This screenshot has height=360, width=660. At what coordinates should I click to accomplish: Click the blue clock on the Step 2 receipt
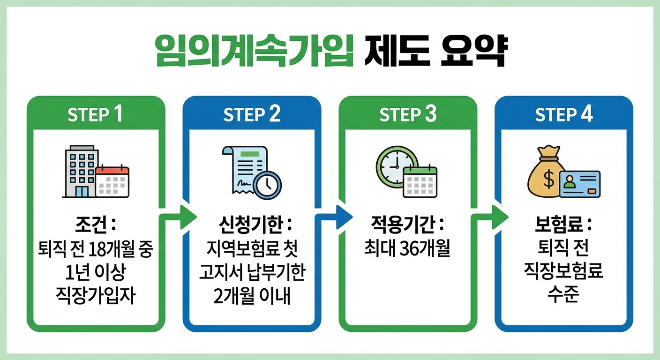coord(267,185)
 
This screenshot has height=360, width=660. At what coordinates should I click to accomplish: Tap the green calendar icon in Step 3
coord(420,181)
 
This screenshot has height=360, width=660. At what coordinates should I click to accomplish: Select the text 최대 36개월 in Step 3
coord(407,249)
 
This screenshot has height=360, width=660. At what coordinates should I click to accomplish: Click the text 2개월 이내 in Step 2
coord(252,297)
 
